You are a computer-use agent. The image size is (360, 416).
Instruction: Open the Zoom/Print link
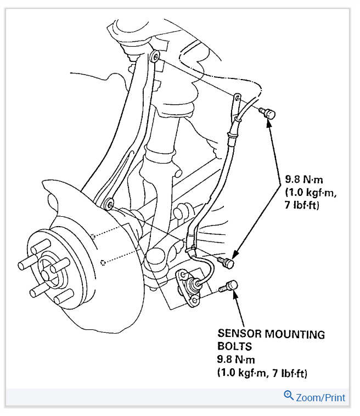point(321,397)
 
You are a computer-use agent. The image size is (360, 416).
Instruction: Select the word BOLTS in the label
point(234,347)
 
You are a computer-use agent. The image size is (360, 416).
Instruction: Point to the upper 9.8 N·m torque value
point(306,179)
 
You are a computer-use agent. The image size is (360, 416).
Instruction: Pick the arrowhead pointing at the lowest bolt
point(235,294)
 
